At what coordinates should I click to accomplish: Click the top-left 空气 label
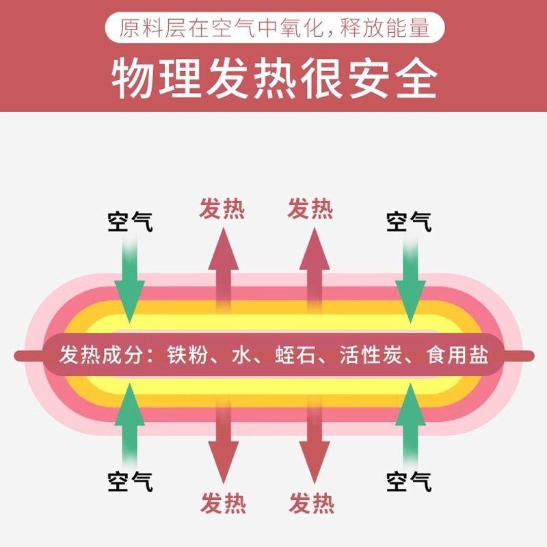[130, 222]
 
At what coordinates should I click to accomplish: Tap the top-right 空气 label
[409, 222]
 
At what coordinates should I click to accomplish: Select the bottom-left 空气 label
[130, 481]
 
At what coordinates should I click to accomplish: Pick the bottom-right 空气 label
[409, 481]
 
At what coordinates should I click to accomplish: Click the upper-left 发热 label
[222, 209]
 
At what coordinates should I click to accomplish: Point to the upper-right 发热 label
[310, 209]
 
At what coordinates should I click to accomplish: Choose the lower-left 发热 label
[224, 503]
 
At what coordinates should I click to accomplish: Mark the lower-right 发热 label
[312, 503]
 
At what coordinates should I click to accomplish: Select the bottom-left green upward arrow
[130, 425]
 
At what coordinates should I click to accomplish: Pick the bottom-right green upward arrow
[410, 425]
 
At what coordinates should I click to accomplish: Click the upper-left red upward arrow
[224, 269]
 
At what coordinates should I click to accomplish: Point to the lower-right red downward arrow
[315, 442]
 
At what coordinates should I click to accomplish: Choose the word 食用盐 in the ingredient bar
[457, 355]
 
